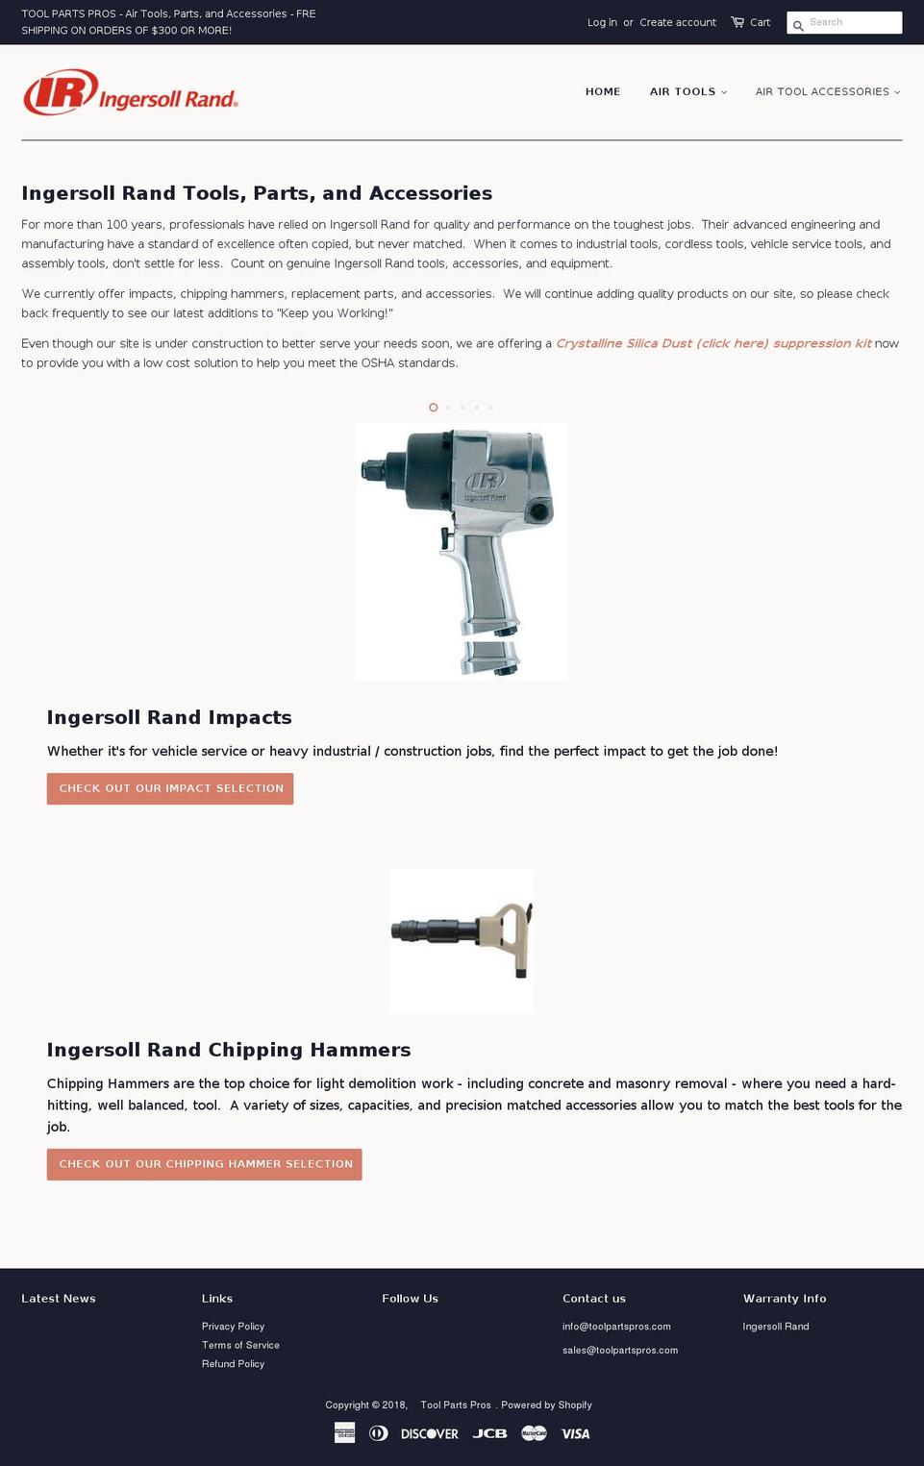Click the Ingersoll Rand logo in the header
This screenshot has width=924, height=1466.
(x=130, y=92)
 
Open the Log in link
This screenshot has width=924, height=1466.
(x=602, y=22)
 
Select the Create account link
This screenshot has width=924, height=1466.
(x=678, y=22)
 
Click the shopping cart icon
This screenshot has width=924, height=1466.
(x=737, y=22)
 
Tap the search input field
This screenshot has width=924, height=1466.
(x=851, y=22)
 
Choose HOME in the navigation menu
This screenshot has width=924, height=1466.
(x=603, y=91)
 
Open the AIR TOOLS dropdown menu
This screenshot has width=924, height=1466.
(x=687, y=91)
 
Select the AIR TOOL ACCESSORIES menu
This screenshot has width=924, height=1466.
(x=827, y=91)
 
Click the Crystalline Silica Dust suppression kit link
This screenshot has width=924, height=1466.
(x=713, y=343)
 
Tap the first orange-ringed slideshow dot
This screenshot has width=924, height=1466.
(x=434, y=408)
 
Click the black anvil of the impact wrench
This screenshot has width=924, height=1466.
(x=369, y=471)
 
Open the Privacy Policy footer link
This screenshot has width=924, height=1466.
(x=233, y=1327)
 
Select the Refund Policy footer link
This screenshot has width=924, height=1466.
(x=233, y=1364)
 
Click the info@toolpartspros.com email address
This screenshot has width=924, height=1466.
(x=616, y=1327)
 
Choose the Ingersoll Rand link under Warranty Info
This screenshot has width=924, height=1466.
(x=776, y=1327)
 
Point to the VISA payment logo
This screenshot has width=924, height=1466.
(x=576, y=1433)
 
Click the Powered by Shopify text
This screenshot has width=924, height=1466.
(x=546, y=1405)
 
